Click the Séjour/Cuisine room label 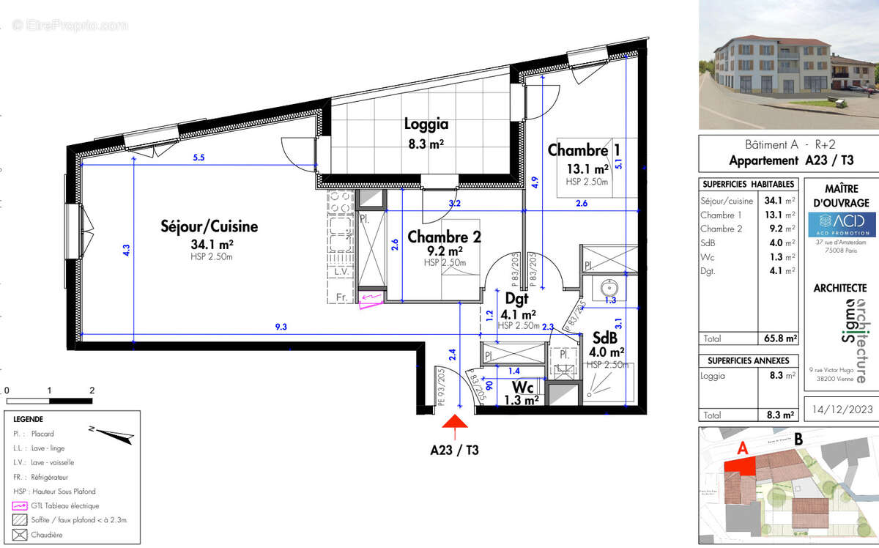coord(209,227)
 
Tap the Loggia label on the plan coord(426,125)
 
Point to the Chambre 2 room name coord(444,237)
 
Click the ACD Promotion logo coord(841,224)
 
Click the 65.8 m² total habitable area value coord(779,339)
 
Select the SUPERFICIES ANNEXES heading coord(748,360)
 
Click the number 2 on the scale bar coord(92,390)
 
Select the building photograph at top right coord(788,64)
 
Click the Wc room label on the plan coord(522,386)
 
